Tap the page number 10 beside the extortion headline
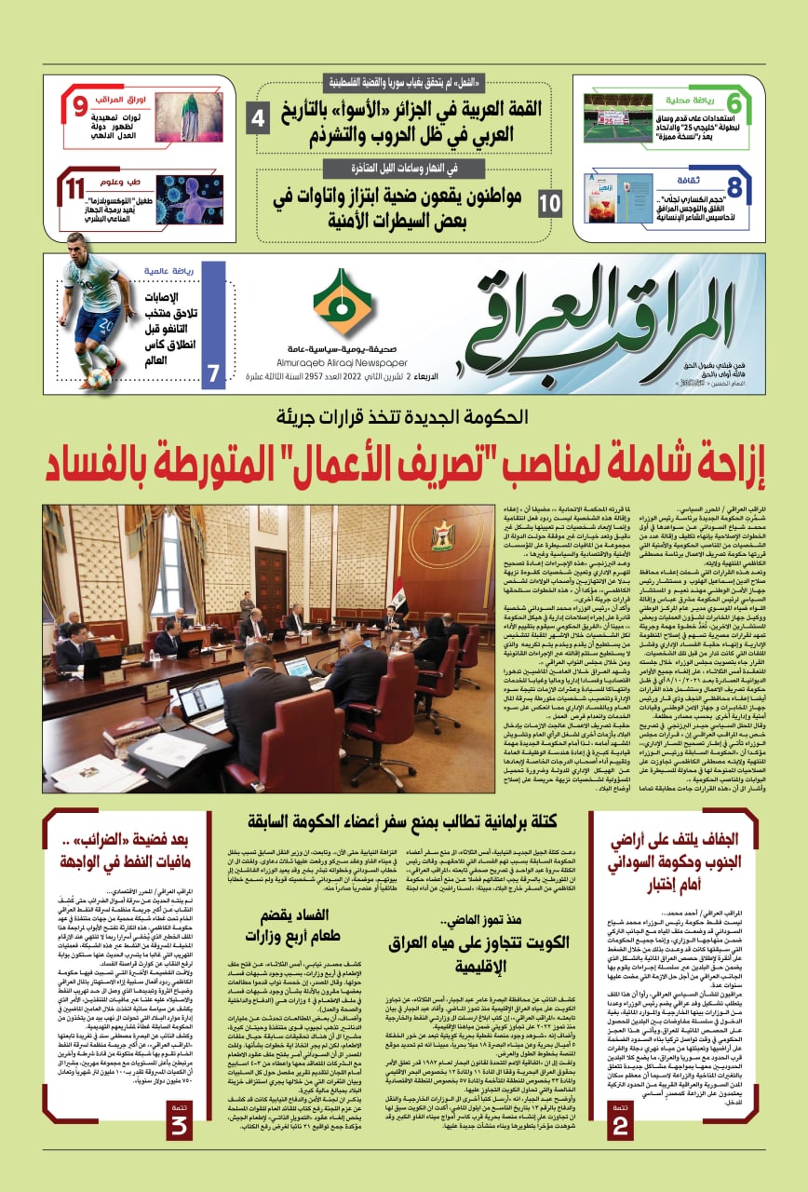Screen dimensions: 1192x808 coord(550,201)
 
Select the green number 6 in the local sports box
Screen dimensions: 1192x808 coord(734,105)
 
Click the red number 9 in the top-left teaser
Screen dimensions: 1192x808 coord(81,105)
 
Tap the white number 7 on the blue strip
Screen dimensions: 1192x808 coord(213,373)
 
